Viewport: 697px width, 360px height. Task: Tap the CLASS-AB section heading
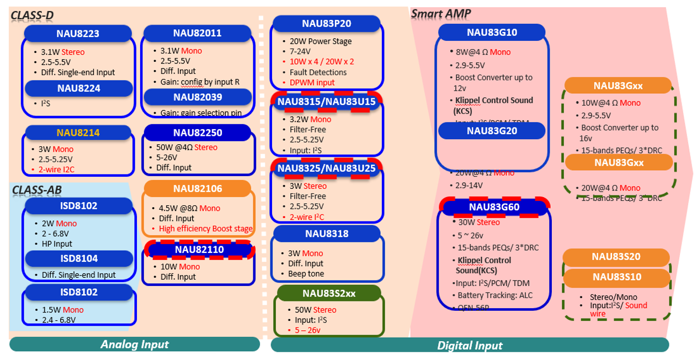click(x=37, y=190)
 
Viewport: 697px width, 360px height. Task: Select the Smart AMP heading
click(x=441, y=13)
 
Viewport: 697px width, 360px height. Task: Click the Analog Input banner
click(x=134, y=345)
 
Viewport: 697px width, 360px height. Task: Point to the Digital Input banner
click(x=470, y=346)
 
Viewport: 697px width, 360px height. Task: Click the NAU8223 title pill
click(x=78, y=34)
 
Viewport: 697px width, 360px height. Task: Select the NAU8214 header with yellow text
click(x=78, y=133)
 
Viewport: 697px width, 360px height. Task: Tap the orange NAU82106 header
click(x=198, y=189)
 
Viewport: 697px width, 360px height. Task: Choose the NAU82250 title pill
click(x=198, y=133)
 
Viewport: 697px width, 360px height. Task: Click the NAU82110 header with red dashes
click(x=199, y=250)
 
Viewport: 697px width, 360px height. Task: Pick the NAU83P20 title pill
click(x=326, y=23)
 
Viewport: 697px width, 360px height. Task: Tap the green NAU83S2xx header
click(x=329, y=293)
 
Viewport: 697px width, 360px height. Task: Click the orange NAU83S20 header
click(x=616, y=257)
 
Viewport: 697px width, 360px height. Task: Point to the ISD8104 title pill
click(x=78, y=258)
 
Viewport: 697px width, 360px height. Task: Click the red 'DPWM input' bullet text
click(x=312, y=83)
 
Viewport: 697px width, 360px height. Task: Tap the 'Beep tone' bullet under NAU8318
click(x=306, y=274)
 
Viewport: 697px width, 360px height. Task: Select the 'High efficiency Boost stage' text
click(x=205, y=229)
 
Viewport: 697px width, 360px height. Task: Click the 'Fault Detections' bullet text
click(x=318, y=72)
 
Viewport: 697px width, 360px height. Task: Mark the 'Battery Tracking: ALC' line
click(x=495, y=295)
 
